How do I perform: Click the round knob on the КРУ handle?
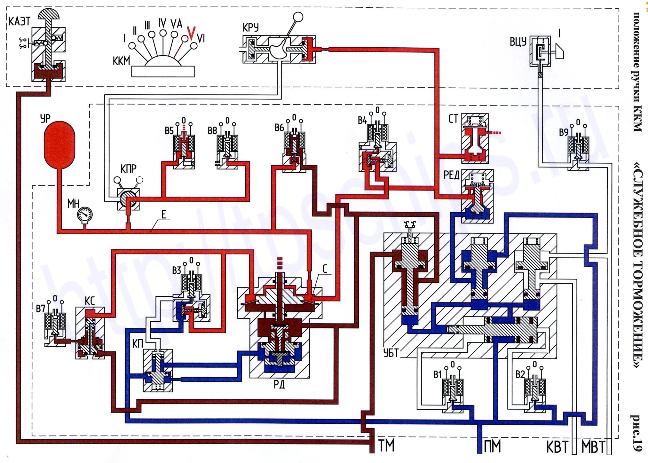pos(298,17)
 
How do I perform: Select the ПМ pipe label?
pos(492,446)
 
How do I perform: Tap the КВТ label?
pos(557,447)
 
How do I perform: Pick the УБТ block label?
pos(391,353)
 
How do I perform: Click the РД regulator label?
pos(279,384)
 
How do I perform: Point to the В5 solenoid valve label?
pos(169,130)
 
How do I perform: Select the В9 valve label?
pos(564,132)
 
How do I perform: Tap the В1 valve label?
pos(438,374)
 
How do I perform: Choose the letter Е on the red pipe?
pos(164,215)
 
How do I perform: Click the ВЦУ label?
pos(518,42)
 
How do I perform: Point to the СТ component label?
pos(453,119)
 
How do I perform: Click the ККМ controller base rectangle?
pos(163,71)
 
